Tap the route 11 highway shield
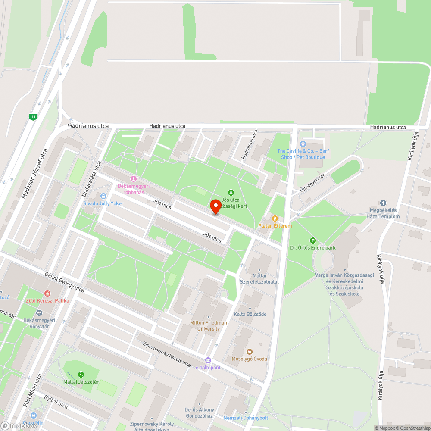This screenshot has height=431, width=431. tap(33, 116)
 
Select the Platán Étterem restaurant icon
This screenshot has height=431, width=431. tap(275, 219)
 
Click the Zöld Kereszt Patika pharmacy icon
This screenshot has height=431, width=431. tap(47, 294)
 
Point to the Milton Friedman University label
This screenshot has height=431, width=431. tap(209, 326)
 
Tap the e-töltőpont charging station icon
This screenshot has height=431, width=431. tap(208, 360)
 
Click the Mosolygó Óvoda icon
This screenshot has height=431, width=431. tap(249, 352)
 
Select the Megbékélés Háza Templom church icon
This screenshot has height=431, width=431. tap(383, 203)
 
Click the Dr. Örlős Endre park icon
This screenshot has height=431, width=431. tap(312, 240)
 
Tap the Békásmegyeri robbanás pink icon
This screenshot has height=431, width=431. tap(134, 179)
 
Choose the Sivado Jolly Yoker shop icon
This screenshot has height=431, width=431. tap(103, 196)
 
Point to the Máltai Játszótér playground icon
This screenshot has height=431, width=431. tap(81, 374)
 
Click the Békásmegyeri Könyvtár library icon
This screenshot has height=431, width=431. tap(39, 313)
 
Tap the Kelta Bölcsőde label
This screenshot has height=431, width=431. tap(250, 314)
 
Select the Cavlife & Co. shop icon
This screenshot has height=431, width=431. tap(303, 144)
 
